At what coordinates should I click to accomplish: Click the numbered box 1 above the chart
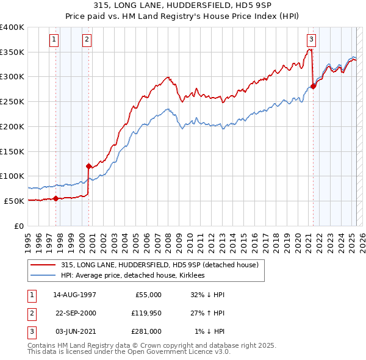pos(54,40)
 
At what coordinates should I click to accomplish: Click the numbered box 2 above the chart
pos(87,40)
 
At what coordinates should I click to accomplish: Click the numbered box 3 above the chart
pos(311,40)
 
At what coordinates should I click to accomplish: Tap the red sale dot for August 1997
pos(56,198)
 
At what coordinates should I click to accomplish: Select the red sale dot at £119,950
pos(88,166)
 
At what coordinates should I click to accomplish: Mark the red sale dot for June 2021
pos(313,86)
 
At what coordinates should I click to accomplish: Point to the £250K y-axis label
pos(12,102)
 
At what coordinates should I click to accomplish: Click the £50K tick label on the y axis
pos(15,201)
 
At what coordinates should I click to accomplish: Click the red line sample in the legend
pos(43,265)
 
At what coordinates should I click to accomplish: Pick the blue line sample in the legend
pos(43,275)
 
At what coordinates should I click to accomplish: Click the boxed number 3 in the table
pos(31,331)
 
